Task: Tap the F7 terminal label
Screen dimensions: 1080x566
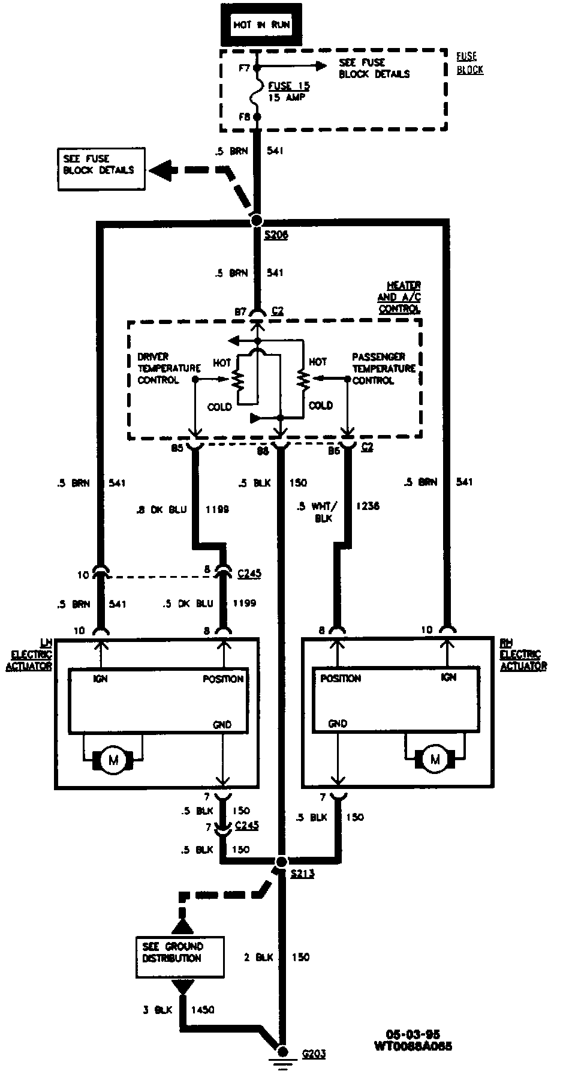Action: (243, 68)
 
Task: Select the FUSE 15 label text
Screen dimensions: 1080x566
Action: (289, 86)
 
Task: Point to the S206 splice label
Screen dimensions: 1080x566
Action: (276, 235)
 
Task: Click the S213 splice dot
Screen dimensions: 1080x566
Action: (281, 862)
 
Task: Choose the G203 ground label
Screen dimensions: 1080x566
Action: (314, 1053)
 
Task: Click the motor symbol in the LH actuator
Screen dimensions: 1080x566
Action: (113, 761)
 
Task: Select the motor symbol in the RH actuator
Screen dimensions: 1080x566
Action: (435, 760)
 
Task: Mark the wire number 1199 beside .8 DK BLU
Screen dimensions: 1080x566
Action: (217, 509)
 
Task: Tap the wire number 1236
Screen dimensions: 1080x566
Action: (368, 506)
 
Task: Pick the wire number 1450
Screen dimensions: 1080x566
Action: (202, 1010)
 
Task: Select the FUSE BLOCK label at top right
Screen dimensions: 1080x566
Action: (469, 62)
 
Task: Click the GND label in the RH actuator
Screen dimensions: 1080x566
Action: (338, 724)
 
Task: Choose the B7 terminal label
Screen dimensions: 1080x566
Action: (240, 311)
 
